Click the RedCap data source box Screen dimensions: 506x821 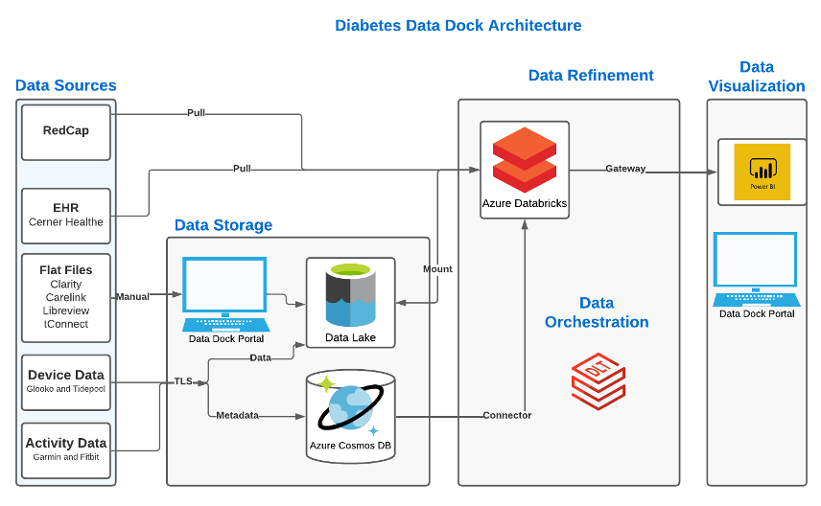click(x=66, y=130)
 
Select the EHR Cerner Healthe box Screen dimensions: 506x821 click(x=66, y=214)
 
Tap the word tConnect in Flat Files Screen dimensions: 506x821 click(x=66, y=324)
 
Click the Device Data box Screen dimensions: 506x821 click(x=66, y=380)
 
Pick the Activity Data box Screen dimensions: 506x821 click(x=66, y=448)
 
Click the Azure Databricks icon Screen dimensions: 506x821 click(x=524, y=159)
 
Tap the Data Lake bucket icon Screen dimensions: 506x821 click(x=350, y=295)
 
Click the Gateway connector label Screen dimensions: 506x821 click(x=625, y=169)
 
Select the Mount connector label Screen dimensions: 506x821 click(x=437, y=269)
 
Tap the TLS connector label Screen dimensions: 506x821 click(x=182, y=380)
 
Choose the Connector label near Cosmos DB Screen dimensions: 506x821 click(x=507, y=415)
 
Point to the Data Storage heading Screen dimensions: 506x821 click(x=223, y=226)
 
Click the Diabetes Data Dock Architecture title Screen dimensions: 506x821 click(x=457, y=25)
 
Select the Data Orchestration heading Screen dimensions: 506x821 click(x=597, y=312)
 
